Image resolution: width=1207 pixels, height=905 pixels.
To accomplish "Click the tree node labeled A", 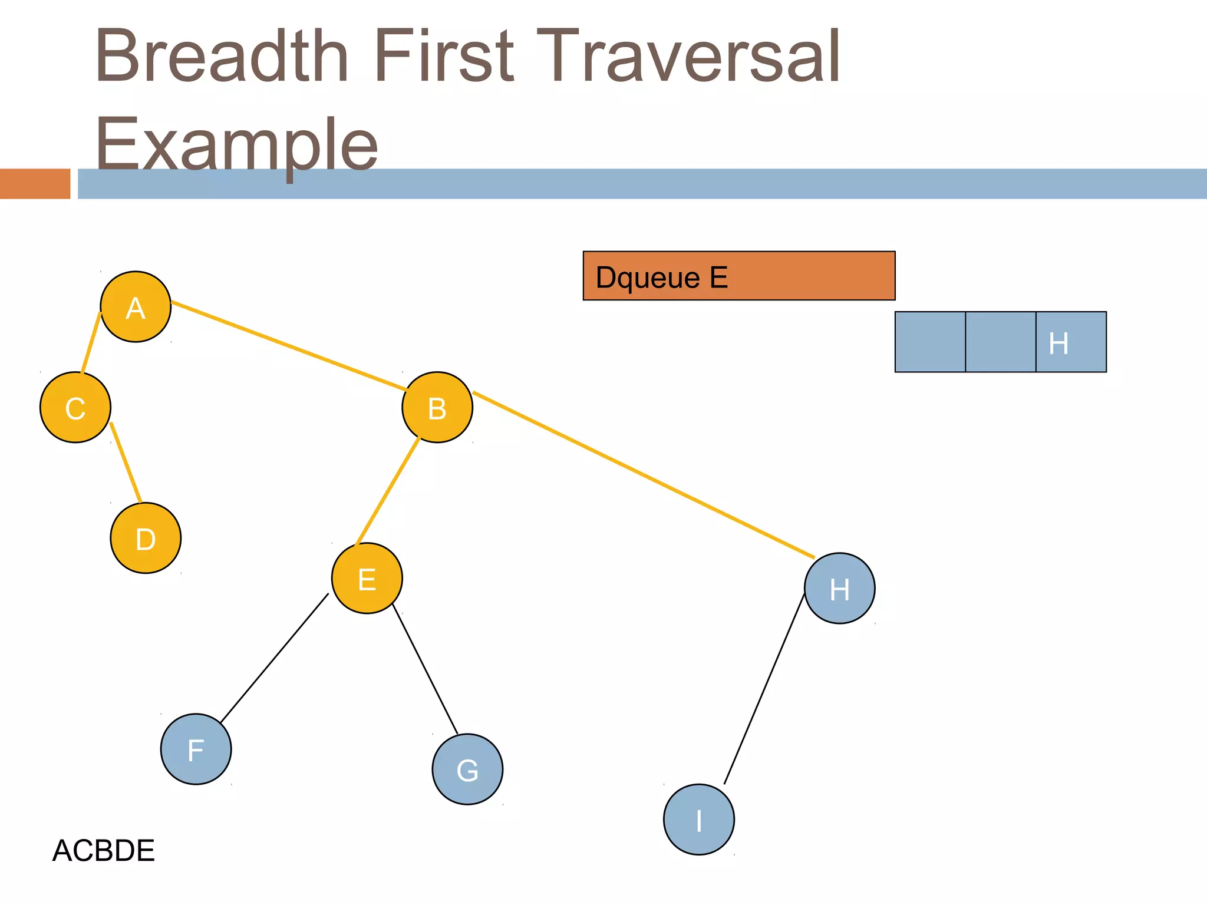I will (136, 306).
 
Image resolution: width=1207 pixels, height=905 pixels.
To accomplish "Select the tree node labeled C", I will (75, 407).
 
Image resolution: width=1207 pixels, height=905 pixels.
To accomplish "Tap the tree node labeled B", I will (437, 407).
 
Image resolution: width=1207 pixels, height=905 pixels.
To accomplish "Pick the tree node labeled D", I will (146, 538).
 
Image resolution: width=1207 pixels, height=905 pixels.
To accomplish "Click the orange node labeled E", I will (367, 578).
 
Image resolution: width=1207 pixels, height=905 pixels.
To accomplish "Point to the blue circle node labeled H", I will (840, 588).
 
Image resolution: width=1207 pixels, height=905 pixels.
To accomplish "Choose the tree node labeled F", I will (196, 749).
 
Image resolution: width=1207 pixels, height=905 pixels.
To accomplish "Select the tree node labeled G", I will (467, 769).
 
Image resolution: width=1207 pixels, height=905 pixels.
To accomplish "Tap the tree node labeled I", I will (699, 819).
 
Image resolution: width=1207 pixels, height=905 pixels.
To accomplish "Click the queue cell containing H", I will (1071, 342).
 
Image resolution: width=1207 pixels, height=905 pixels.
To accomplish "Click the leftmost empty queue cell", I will (930, 342).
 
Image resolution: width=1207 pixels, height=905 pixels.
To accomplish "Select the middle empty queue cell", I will (1000, 342).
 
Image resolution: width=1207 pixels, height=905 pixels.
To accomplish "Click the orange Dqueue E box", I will (739, 276).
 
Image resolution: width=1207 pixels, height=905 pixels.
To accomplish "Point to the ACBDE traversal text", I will (104, 850).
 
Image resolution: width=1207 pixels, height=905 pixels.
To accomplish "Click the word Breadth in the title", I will (222, 56).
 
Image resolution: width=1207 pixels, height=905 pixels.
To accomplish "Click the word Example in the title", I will (236, 144).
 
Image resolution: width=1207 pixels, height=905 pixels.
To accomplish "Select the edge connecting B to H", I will (644, 474).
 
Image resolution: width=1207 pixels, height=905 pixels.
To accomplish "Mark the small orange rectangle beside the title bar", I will (35, 183).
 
